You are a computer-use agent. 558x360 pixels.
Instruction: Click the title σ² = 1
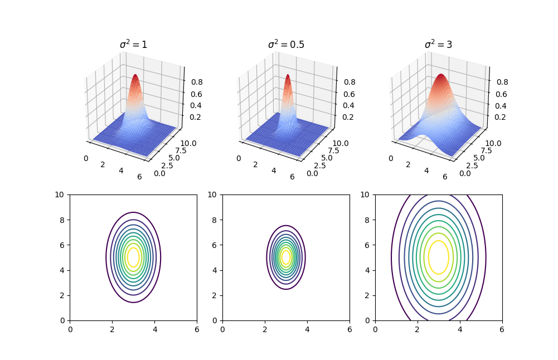point(133,45)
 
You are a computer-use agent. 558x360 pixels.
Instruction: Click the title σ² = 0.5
point(286,45)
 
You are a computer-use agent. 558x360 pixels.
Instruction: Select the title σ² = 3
point(438,45)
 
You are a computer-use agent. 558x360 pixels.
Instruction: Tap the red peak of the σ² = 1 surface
point(135,77)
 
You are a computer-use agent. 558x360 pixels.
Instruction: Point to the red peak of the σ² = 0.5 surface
point(288,77)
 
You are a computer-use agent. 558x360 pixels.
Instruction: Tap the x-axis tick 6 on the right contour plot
point(502,329)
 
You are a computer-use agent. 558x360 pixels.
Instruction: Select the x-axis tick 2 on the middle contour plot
point(265,329)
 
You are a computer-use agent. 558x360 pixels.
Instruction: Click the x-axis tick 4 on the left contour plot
point(154,329)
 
